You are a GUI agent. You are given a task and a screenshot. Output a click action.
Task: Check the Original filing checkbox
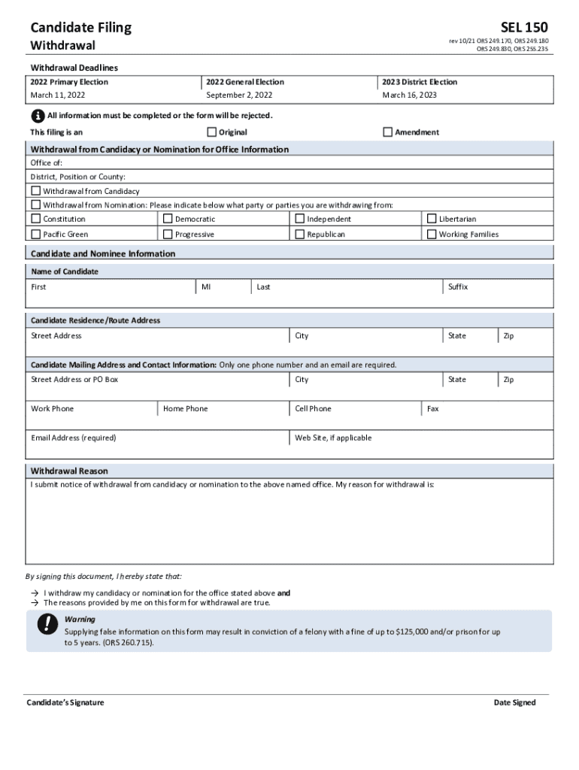(x=211, y=132)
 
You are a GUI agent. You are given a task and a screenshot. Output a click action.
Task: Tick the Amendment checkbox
(x=388, y=132)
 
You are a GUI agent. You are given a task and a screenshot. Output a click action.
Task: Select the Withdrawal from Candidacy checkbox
(x=35, y=191)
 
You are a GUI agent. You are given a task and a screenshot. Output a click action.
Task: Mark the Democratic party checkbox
(x=168, y=219)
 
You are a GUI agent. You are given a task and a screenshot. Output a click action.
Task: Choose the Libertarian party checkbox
(x=432, y=219)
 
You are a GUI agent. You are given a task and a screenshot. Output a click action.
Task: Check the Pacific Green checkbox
(x=35, y=234)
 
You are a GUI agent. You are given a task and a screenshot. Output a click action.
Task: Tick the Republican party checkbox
(x=299, y=234)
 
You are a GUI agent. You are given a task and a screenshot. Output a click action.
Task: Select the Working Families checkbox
(x=432, y=234)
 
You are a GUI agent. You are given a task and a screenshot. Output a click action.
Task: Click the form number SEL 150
(x=524, y=28)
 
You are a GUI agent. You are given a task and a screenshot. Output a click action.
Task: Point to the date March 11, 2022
(x=58, y=95)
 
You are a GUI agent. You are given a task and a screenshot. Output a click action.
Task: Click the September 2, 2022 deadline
(x=239, y=95)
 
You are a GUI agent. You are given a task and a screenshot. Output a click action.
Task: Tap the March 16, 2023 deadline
(x=409, y=95)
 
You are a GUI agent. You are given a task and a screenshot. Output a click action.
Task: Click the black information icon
(x=38, y=116)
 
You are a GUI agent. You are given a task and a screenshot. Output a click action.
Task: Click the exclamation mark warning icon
(x=48, y=623)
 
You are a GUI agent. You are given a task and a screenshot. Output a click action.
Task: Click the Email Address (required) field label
(x=74, y=438)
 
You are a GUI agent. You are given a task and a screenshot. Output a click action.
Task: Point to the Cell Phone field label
(x=313, y=408)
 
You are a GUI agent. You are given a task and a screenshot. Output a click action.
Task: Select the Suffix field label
(x=458, y=286)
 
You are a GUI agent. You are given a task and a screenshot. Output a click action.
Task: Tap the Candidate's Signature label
(x=65, y=702)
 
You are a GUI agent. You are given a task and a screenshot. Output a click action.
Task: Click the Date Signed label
(x=514, y=702)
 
